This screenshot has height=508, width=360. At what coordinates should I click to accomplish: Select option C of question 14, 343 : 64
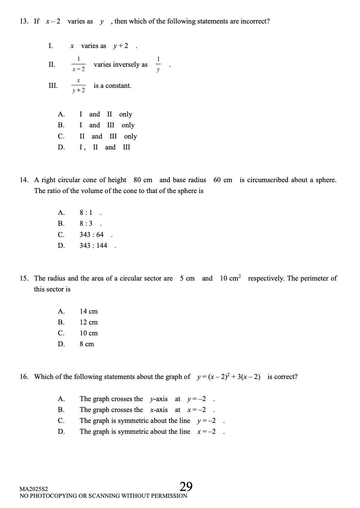click(x=92, y=235)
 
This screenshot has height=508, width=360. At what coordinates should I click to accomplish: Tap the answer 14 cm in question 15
click(x=88, y=311)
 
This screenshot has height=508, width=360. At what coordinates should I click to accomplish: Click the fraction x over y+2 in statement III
click(x=78, y=85)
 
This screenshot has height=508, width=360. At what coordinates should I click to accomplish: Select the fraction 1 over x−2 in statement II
click(x=78, y=64)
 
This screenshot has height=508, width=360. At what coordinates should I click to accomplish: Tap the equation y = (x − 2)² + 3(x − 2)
click(x=229, y=377)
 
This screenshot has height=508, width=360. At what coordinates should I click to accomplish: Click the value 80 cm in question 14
click(x=143, y=180)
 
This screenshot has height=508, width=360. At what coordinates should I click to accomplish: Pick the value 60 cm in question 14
click(x=223, y=180)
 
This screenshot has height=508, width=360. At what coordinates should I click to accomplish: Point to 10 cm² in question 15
click(x=230, y=278)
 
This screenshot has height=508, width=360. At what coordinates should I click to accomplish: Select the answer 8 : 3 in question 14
click(x=86, y=223)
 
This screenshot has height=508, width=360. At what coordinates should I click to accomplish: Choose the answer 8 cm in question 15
click(x=87, y=344)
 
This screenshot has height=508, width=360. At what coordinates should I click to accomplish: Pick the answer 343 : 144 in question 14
click(x=93, y=245)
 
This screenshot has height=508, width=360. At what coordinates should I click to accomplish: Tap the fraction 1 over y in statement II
click(x=158, y=64)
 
